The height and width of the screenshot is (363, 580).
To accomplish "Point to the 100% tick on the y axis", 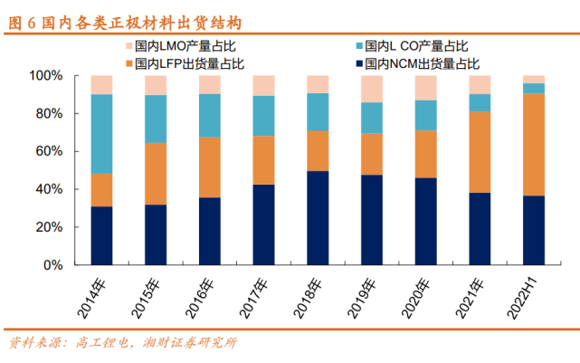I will click(x=46, y=76).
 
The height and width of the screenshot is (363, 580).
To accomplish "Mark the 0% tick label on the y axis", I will click(x=53, y=266).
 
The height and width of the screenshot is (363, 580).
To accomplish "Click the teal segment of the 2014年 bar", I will click(x=101, y=133).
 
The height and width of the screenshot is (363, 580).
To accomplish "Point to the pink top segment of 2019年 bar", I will click(x=372, y=89).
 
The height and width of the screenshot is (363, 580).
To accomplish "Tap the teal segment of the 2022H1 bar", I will click(x=534, y=88).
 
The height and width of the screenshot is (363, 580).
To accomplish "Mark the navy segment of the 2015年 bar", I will click(x=156, y=235).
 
